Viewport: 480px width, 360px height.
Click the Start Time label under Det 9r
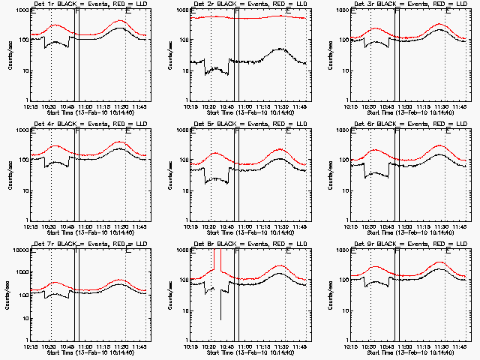409,352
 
